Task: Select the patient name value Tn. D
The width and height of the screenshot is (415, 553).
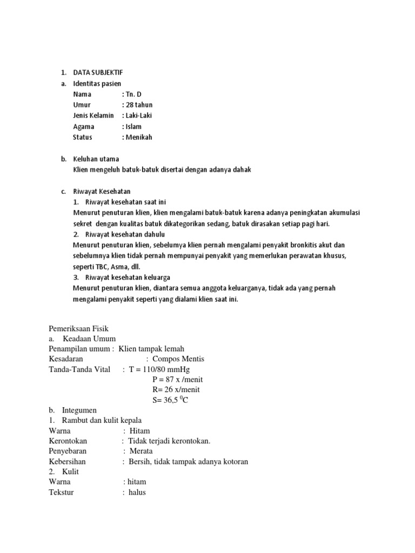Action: point(135,94)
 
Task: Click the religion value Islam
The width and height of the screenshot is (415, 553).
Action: point(135,126)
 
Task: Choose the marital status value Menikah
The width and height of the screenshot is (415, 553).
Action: point(139,137)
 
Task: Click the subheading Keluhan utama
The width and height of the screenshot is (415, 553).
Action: point(96,159)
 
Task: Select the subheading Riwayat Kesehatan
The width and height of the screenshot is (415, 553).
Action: point(102,191)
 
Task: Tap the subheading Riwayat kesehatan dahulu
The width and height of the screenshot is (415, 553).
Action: point(125,234)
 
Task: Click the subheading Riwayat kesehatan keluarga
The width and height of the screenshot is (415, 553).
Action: point(128,278)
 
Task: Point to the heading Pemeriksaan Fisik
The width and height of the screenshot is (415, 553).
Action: point(78,328)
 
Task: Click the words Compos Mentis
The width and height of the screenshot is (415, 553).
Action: point(178,359)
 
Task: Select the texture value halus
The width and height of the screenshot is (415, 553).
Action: point(137,493)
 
